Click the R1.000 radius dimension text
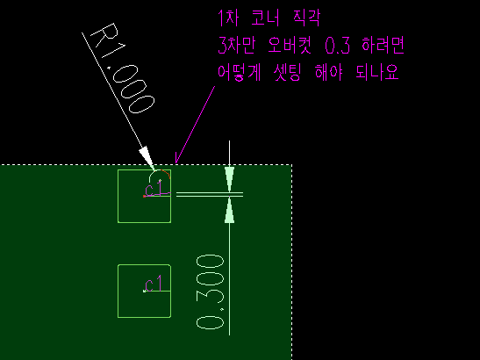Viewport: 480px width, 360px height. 124,68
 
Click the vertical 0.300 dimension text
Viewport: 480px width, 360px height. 211,292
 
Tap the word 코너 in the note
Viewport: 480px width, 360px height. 265,18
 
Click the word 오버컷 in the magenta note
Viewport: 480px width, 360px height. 290,46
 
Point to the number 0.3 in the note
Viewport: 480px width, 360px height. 337,46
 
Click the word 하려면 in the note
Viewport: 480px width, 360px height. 383,46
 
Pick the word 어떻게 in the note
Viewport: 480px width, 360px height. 239,73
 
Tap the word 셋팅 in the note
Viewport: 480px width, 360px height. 288,73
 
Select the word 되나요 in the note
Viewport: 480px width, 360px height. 377,73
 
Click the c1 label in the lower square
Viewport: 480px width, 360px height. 154,284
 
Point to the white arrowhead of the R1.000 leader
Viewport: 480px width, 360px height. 147,157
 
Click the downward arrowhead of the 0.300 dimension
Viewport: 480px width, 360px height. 230,179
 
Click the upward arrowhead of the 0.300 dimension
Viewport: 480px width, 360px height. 230,210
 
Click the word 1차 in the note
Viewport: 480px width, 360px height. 228,18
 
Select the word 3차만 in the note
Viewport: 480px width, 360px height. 236,46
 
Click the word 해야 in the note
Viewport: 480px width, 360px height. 328,73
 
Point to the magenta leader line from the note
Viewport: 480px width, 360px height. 195,125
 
